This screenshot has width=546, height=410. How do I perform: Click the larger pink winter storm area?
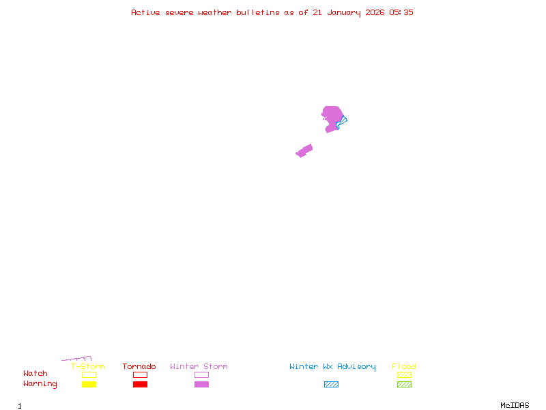pyautogui.click(x=331, y=116)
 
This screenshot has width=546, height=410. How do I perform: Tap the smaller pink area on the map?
pyautogui.click(x=304, y=150)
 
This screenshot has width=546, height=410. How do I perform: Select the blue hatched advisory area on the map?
pyautogui.click(x=341, y=122)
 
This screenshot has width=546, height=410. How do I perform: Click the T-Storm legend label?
pyautogui.click(x=88, y=367)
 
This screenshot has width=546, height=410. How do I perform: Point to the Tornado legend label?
pyautogui.click(x=139, y=367)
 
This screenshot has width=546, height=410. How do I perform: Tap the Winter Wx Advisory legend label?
pyautogui.click(x=332, y=367)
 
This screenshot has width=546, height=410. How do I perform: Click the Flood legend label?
pyautogui.click(x=404, y=367)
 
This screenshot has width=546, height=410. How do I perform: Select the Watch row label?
pyautogui.click(x=35, y=374)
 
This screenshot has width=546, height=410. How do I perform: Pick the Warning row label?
pyautogui.click(x=40, y=384)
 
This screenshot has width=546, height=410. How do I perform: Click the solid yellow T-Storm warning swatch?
pyautogui.click(x=89, y=385)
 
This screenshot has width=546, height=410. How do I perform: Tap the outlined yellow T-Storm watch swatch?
pyautogui.click(x=89, y=374)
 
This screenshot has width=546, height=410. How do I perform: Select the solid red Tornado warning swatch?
pyautogui.click(x=140, y=385)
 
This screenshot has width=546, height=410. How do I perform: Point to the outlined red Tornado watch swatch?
pyautogui.click(x=140, y=374)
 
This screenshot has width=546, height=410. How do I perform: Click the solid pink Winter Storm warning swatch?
pyautogui.click(x=201, y=385)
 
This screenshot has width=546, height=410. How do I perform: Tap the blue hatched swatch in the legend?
pyautogui.click(x=331, y=385)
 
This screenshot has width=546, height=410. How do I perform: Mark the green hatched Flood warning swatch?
pyautogui.click(x=404, y=385)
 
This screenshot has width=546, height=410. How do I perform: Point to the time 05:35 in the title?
pyautogui.click(x=401, y=12)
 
